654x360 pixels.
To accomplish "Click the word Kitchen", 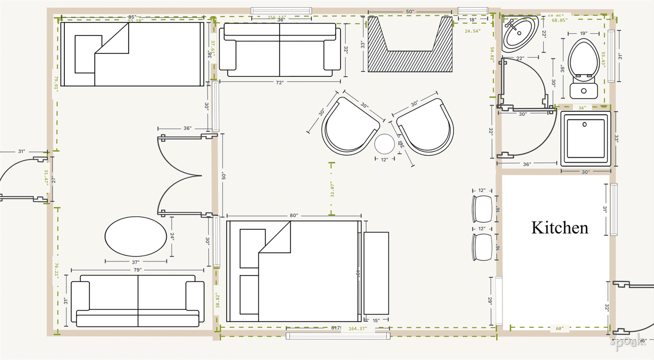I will coord(560,227).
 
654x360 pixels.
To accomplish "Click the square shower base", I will coord(586,138).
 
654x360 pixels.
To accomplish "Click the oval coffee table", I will coord(136,236).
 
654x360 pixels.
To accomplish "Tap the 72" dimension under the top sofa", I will coord(280,82).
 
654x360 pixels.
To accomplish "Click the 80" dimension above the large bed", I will coord(294,216).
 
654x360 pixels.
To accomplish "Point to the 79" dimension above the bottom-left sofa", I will coord(137,270).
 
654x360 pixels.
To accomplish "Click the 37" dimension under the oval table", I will coord(136,261).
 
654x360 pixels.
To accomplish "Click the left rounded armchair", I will coord(349,127).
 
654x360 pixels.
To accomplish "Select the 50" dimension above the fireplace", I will coord(410,11).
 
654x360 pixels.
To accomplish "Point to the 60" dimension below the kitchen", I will coord(560,328).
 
